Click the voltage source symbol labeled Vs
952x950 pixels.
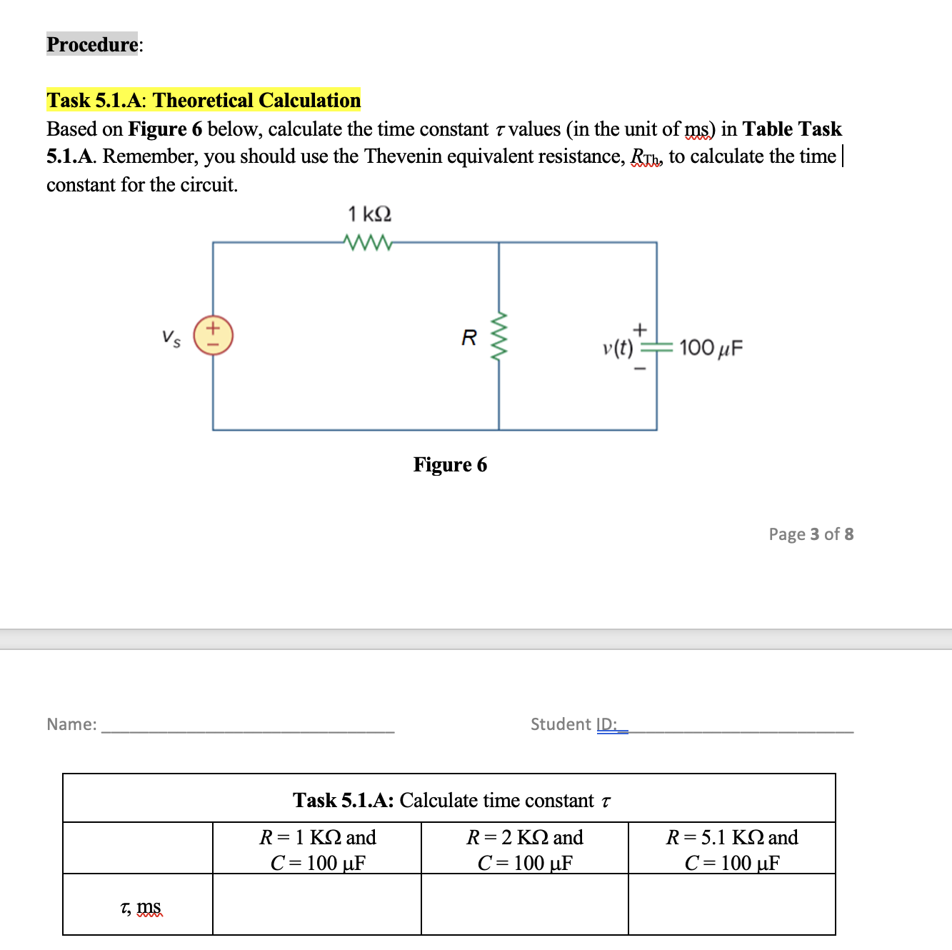click(213, 335)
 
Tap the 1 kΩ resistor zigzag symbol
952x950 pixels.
click(368, 243)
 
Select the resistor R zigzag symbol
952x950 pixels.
click(499, 336)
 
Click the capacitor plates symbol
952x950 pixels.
click(656, 348)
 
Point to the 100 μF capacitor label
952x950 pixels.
click(711, 348)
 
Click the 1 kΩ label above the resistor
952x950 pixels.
click(369, 214)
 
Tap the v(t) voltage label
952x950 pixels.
click(618, 348)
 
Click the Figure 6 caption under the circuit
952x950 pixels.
click(450, 465)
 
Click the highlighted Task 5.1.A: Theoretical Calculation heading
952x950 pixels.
click(204, 100)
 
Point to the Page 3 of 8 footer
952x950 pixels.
click(811, 534)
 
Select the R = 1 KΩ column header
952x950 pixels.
click(317, 849)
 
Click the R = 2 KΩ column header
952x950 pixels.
click(525, 849)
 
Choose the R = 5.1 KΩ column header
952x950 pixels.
click(732, 849)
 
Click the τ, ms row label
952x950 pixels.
click(141, 907)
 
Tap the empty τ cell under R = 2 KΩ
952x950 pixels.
click(525, 904)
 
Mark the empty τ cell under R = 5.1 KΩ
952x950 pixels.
click(732, 904)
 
